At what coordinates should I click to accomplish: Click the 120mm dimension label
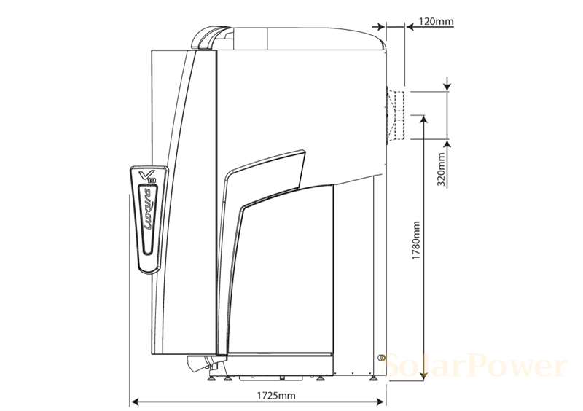(436, 22)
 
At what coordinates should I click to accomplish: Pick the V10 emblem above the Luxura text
(146, 176)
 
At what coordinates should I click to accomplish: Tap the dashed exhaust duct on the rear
(397, 114)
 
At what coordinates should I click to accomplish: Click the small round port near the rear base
(381, 357)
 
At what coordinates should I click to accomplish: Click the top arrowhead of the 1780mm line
(423, 118)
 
